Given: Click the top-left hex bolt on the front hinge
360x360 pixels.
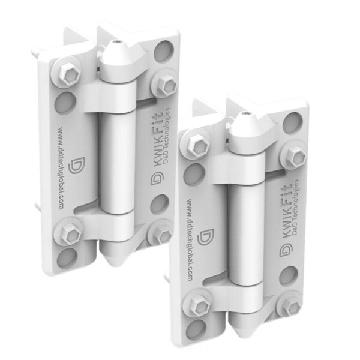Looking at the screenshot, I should [x=197, y=145].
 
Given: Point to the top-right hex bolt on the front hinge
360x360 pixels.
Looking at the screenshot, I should [x=295, y=157].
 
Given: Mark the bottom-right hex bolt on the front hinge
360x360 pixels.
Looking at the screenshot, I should [x=292, y=307].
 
